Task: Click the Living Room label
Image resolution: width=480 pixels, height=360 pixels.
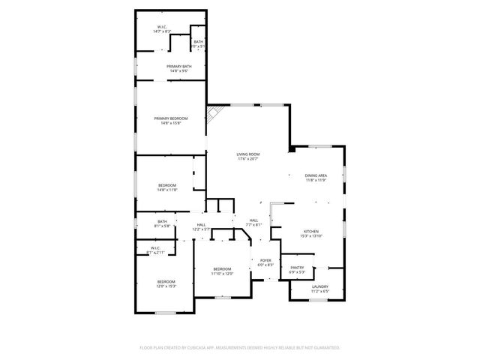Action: coord(248,154)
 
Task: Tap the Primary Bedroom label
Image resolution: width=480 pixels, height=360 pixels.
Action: coord(171,118)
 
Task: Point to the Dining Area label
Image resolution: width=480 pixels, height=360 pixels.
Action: coord(316,175)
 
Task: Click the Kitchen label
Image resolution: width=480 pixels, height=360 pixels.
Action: coord(311,231)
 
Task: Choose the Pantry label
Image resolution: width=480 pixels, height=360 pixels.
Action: coord(298,267)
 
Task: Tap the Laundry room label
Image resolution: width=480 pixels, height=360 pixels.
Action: coord(320,286)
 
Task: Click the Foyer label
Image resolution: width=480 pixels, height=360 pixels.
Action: coord(265,260)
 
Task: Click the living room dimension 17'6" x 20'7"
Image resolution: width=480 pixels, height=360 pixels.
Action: coord(248,159)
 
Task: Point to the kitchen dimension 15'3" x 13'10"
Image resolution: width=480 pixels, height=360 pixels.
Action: coord(311,236)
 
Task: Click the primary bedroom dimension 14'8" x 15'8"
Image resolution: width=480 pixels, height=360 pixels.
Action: coord(171,123)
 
